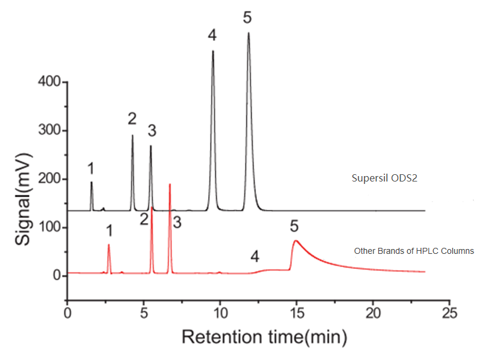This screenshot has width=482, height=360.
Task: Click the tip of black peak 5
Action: coord(249,33)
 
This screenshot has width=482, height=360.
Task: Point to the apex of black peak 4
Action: coord(213,51)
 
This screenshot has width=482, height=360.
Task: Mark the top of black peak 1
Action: coord(91,182)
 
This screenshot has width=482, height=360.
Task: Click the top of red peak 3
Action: coord(170,184)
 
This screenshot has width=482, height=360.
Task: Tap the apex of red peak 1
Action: coord(109,244)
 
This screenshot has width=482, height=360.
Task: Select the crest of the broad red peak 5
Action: coord(296,241)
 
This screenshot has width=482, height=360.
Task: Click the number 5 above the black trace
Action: coord(247,17)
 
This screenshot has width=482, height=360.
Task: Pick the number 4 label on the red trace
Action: coord(255,257)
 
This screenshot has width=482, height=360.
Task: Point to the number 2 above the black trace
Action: coord(133,119)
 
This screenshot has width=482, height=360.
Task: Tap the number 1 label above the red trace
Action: coord(109,230)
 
